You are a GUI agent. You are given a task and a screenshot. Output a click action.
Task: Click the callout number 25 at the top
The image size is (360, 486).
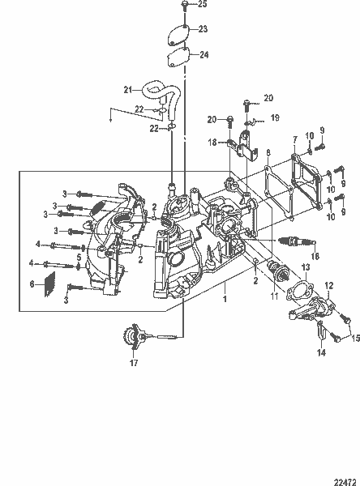coord(203,5)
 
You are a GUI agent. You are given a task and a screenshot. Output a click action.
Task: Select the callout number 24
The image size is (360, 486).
coord(204,55)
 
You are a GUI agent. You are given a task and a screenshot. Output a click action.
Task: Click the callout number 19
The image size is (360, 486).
coord(275,117)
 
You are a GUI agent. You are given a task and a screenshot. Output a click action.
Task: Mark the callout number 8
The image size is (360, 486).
coord(268,151)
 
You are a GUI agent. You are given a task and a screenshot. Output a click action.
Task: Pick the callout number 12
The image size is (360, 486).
coord(329,285)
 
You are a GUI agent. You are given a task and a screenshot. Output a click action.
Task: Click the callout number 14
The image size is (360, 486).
coord(319,353)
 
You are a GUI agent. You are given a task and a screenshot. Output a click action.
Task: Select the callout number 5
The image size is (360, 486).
coord(78,258)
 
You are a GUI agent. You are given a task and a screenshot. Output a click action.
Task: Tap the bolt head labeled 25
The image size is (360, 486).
coord(186,5)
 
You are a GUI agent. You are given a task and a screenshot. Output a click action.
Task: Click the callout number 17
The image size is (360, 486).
coord(134,364)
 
